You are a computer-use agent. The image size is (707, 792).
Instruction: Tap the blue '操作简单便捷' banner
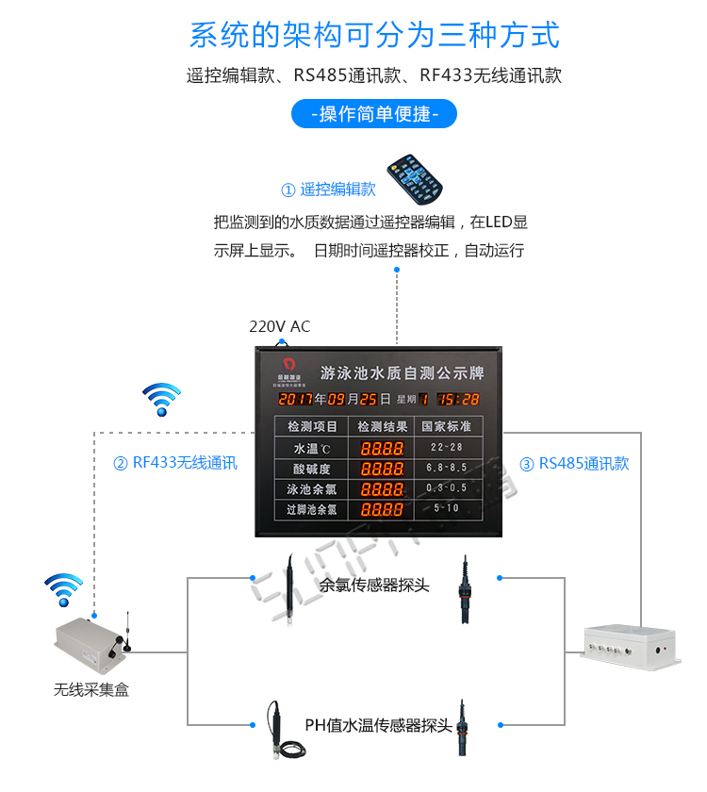[373, 115]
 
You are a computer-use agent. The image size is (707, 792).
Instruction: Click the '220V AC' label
[279, 327]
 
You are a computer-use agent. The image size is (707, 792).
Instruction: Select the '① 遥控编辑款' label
[328, 190]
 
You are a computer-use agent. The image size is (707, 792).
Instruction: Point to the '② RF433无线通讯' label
[175, 463]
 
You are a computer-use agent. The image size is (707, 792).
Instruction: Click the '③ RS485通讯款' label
[574, 464]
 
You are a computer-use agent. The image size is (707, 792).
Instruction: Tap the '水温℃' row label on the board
[310, 448]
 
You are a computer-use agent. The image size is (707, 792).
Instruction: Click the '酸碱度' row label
[310, 469]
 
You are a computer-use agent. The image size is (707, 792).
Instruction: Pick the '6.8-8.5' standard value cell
[446, 468]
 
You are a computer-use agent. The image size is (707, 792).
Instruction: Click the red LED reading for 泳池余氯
[382, 488]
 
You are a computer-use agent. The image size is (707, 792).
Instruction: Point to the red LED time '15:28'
[458, 399]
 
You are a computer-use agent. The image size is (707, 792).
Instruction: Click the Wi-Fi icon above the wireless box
[64, 589]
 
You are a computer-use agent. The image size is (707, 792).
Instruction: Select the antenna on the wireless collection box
[126, 632]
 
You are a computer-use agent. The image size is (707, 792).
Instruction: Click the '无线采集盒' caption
[90, 690]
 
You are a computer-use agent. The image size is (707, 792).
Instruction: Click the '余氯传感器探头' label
[374, 586]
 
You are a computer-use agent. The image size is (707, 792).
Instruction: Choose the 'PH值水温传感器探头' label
[378, 726]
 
